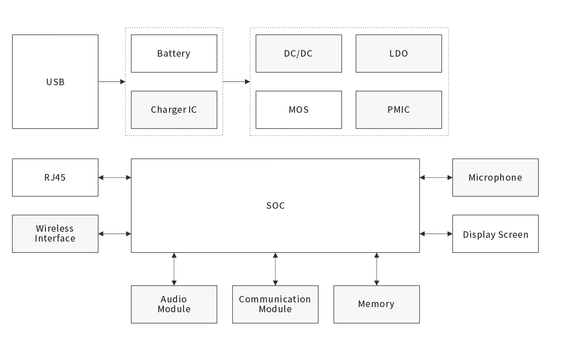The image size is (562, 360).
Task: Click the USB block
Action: tap(55, 81)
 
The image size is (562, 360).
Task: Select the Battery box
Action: tap(174, 53)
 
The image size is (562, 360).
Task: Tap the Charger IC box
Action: tap(174, 110)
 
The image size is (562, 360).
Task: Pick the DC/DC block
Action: tap(298, 53)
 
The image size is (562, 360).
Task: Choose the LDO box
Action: tap(399, 53)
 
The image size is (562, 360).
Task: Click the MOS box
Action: tap(298, 110)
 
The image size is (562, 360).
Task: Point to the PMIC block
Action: tap(399, 110)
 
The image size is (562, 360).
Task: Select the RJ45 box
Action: tap(55, 177)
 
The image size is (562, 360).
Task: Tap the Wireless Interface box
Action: tap(55, 234)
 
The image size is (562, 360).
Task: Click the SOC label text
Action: tap(275, 206)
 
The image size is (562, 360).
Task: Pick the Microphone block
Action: tap(495, 177)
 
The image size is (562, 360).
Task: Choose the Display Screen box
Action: tap(495, 234)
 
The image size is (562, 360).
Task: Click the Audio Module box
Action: tap(174, 304)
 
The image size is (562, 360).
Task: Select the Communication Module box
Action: tap(275, 304)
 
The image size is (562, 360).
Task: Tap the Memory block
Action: tap(376, 304)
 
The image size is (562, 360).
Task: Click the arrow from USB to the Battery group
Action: tap(112, 81)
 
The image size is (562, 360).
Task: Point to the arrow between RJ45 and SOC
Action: tap(115, 177)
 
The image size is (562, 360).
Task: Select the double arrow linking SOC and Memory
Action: tap(377, 269)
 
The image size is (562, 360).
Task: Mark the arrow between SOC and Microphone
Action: tap(436, 177)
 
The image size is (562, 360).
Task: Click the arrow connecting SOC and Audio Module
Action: tap(174, 269)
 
